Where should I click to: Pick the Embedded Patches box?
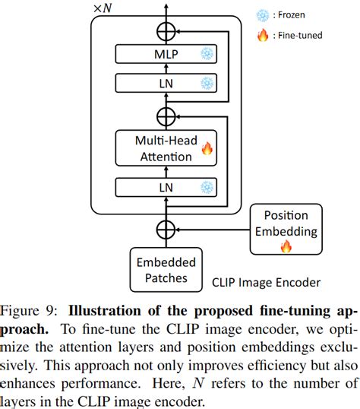coord(166,270)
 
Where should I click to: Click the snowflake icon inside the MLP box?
coord(206,54)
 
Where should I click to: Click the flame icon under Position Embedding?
coord(286,246)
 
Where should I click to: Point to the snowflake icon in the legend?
coord(262,14)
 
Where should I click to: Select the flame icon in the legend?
coord(262,33)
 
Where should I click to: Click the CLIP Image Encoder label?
coord(267,283)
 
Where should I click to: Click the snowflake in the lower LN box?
coord(206,186)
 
